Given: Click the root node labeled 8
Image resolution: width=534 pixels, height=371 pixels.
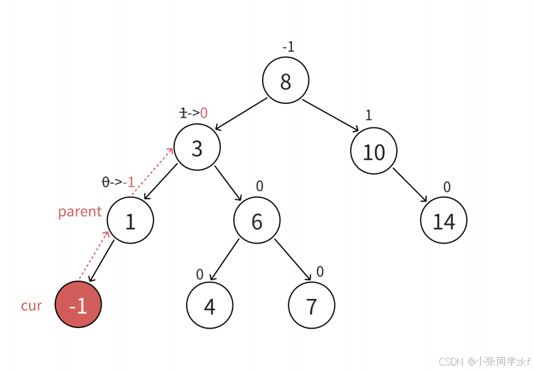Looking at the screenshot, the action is (286, 81).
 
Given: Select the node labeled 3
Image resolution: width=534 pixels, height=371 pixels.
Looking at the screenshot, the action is (197, 148).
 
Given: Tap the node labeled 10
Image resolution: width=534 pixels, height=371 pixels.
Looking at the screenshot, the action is (374, 152).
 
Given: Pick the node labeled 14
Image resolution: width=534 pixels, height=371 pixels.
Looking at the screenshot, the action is (443, 221).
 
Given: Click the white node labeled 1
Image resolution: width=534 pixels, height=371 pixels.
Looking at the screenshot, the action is (131, 221).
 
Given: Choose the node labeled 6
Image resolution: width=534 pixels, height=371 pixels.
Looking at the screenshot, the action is (257, 221).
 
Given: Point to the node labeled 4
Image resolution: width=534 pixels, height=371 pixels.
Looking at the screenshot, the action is (210, 305).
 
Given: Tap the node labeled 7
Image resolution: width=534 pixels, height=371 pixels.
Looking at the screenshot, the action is (311, 305).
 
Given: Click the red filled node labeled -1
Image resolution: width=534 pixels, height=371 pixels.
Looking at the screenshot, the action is (78, 305).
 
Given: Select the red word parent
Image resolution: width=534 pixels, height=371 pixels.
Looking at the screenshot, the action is (80, 211).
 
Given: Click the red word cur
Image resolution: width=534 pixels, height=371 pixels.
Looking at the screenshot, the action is (31, 305).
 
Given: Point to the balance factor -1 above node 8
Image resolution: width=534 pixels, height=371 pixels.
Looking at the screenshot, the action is (288, 47).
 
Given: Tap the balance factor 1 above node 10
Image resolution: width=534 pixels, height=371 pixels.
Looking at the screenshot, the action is (368, 115).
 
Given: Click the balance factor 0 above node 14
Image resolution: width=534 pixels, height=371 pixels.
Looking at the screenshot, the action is (447, 186).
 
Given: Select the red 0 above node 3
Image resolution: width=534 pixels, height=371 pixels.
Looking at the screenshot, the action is (204, 112).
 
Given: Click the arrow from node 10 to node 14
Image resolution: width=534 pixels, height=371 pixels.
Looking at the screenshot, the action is (411, 188).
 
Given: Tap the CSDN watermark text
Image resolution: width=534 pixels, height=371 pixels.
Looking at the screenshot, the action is (484, 361).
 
